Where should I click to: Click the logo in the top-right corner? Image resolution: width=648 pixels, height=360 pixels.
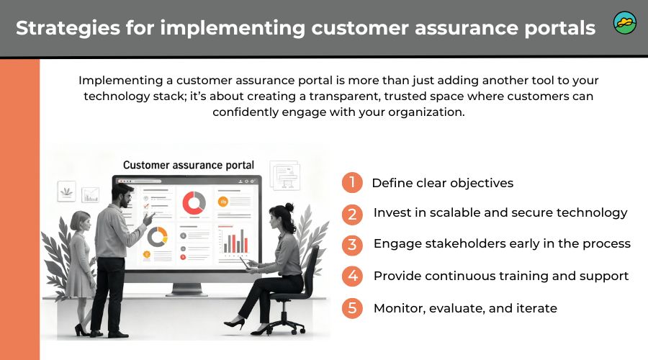(x=624, y=23)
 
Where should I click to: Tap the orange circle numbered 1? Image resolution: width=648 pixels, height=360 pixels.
(x=351, y=183)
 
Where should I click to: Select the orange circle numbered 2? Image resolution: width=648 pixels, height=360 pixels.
(x=351, y=214)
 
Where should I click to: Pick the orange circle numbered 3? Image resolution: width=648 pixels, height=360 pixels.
(x=351, y=245)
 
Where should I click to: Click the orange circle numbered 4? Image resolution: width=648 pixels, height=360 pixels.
(x=351, y=276)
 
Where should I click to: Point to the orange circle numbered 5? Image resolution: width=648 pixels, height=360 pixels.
(x=351, y=308)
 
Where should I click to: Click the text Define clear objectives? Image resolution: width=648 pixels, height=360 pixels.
(x=442, y=183)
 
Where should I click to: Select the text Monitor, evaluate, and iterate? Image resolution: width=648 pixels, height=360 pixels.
(x=465, y=308)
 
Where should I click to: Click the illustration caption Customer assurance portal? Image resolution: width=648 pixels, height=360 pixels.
(x=189, y=165)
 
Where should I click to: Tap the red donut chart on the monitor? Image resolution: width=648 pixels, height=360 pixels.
(x=194, y=202)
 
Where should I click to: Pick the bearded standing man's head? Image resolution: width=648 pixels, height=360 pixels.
(x=123, y=194)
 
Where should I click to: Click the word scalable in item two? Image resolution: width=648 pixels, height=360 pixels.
(x=445, y=213)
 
